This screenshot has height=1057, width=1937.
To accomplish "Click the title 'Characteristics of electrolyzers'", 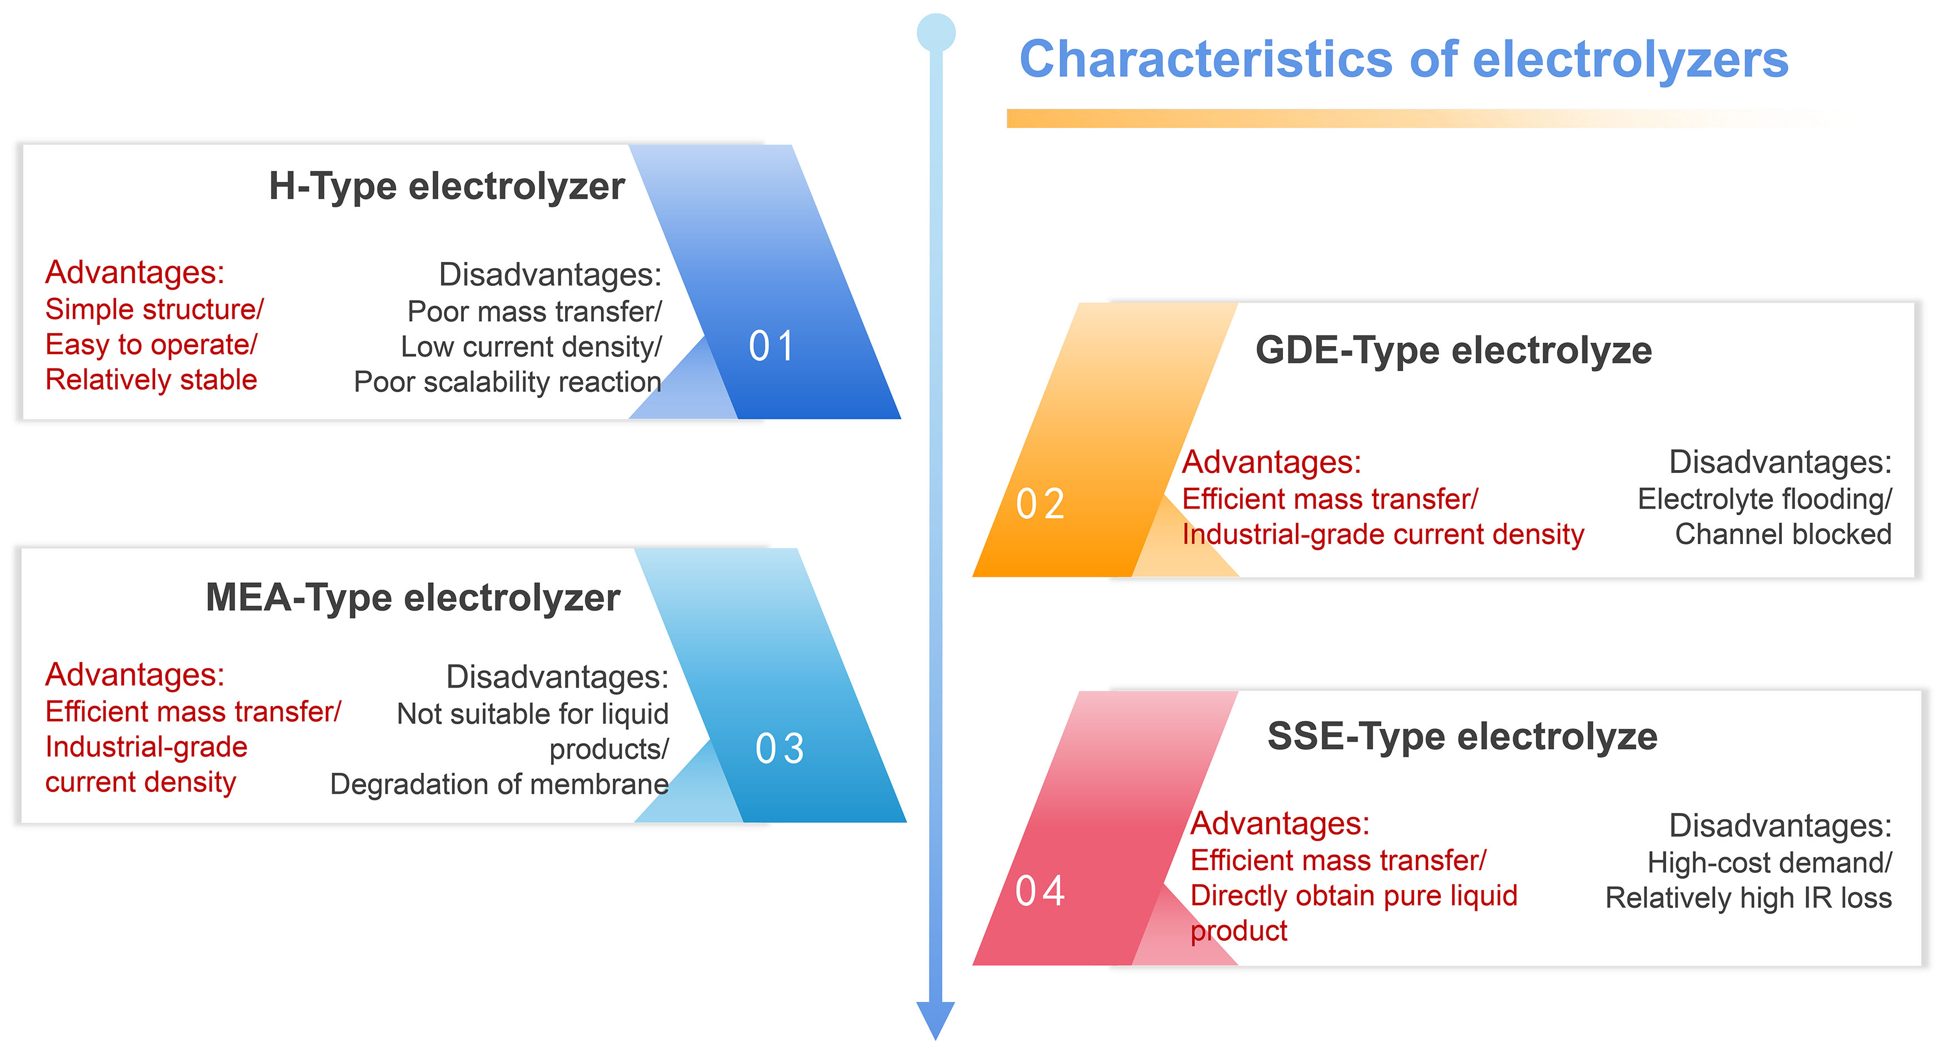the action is pos(1403,60).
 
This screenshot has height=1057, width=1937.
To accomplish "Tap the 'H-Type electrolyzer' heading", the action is pos(447,186).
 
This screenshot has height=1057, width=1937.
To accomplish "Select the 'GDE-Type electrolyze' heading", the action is pos(1454,350).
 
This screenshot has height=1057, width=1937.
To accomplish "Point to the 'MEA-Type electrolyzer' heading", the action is pos(413,598).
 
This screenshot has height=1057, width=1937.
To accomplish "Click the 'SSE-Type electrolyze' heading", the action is pos(1462,737).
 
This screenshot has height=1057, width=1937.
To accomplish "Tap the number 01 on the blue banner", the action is pos(771,346).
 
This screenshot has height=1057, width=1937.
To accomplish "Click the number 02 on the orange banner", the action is pos(1040,504).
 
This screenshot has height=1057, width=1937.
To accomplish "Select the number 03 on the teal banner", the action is pos(780,749).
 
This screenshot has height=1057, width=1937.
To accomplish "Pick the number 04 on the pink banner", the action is pos(1040,891).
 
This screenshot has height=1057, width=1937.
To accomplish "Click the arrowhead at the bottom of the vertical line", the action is pos(935,1019).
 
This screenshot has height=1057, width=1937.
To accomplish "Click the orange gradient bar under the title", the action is pos(1421,118).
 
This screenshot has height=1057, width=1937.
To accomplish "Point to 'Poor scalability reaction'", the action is pos(508,382).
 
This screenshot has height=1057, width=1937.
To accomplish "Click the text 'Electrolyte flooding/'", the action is pos(1765,499).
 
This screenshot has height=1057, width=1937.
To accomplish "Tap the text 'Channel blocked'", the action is pos(1784,534).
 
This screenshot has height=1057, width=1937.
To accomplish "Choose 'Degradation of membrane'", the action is pos(499,784).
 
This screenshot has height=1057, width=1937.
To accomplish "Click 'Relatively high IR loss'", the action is pos(1749,898).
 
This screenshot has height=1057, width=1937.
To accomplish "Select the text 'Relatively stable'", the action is pos(151,380).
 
